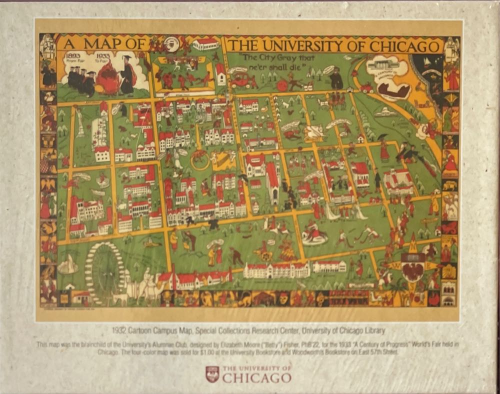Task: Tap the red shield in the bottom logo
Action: coord(212,374)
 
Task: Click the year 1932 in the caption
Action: coord(122,330)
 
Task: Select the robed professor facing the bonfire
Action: coord(127,75)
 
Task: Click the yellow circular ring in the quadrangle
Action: coord(200,160)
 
